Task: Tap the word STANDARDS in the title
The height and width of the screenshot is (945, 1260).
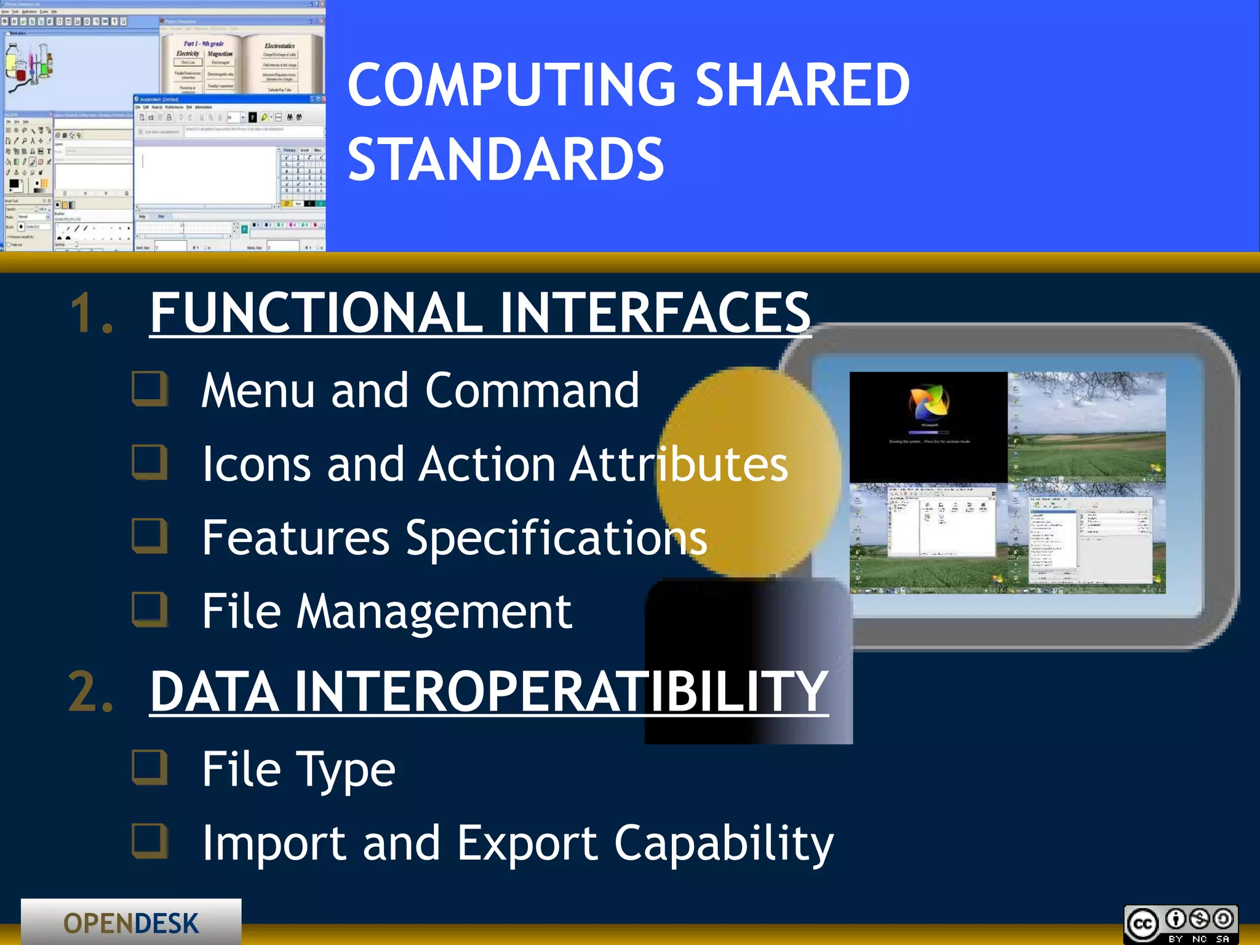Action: pyautogui.click(x=506, y=160)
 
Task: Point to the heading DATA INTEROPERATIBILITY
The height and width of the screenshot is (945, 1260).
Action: pyautogui.click(x=489, y=692)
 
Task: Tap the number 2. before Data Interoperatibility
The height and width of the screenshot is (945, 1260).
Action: pyautogui.click(x=91, y=692)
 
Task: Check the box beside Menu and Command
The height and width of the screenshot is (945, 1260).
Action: pyautogui.click(x=150, y=389)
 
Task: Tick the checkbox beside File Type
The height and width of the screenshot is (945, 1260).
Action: pyautogui.click(x=150, y=768)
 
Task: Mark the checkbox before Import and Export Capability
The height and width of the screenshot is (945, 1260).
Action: pyautogui.click(x=150, y=842)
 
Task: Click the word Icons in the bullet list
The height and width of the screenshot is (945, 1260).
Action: pyautogui.click(x=256, y=464)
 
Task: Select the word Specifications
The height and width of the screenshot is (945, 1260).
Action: pyautogui.click(x=556, y=538)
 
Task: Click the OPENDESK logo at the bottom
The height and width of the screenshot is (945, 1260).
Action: pyautogui.click(x=131, y=923)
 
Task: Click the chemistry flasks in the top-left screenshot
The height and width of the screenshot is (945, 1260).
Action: pyautogui.click(x=28, y=65)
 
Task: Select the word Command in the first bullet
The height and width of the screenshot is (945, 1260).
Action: pyautogui.click(x=532, y=391)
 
